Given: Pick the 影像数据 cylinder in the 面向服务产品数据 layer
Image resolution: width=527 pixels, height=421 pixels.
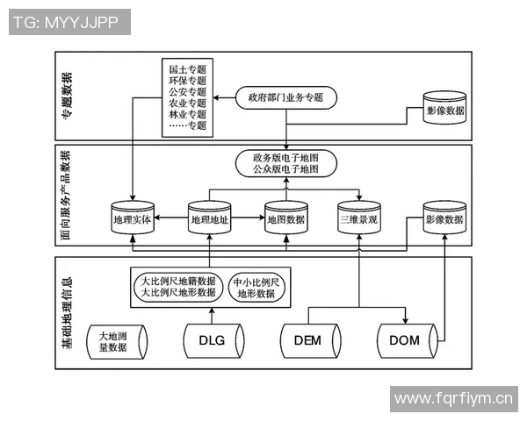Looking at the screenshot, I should pyautogui.click(x=444, y=220).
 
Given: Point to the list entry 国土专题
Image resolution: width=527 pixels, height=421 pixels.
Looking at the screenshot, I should pyautogui.click(x=187, y=68).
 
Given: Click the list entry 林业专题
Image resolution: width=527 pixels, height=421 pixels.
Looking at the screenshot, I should pyautogui.click(x=187, y=114).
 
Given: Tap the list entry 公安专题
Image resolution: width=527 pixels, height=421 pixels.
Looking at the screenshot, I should pyautogui.click(x=187, y=91).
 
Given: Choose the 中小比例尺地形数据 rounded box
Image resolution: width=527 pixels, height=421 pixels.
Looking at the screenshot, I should pyautogui.click(x=256, y=288).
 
